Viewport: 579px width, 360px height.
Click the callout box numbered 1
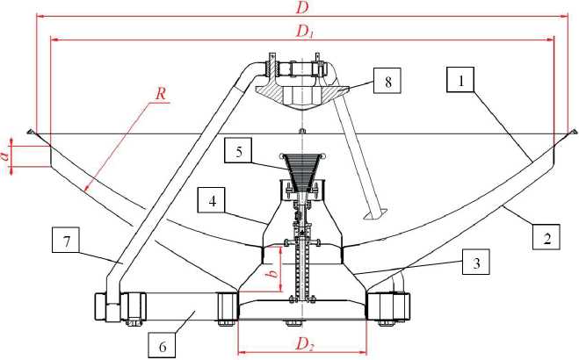(460, 79)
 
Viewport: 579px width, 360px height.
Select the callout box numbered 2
(546, 236)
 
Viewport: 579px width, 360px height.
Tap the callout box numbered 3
(476, 263)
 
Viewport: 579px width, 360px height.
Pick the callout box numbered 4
(212, 200)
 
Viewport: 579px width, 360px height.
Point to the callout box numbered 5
(239, 150)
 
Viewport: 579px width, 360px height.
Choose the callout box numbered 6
(163, 345)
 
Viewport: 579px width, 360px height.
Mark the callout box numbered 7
(66, 240)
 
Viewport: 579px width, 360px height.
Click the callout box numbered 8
(387, 81)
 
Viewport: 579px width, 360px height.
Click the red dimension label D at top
(302, 7)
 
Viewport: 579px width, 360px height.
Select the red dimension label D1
(305, 32)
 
